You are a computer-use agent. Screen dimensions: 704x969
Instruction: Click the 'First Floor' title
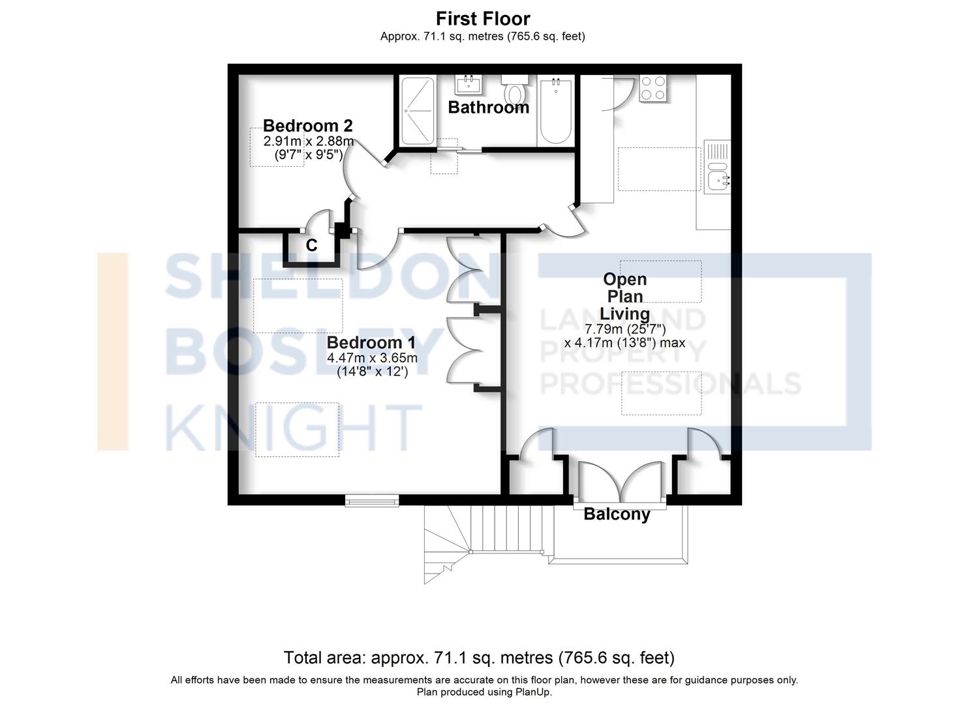coord(483,18)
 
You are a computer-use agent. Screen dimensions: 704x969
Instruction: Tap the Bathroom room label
coord(488,108)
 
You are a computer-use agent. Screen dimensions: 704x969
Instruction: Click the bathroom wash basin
coord(469,84)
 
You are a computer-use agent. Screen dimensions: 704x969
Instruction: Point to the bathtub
coord(555,112)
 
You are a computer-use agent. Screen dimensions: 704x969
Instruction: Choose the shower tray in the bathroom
coord(417,111)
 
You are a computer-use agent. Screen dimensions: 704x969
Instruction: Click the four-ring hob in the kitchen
coord(653,89)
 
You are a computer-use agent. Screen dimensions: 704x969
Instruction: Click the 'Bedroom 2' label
coord(307,125)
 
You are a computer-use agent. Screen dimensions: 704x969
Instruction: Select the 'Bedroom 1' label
coord(371,342)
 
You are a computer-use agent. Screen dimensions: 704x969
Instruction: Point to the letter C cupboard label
coord(312,245)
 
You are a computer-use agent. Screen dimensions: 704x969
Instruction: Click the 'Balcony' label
coord(617,514)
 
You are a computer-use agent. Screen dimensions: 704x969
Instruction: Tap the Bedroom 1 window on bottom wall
coord(371,501)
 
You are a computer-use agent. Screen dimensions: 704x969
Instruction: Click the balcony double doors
coord(621,482)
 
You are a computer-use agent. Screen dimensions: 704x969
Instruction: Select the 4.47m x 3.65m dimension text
coord(372,358)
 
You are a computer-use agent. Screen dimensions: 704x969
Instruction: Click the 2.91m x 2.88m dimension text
coord(308,141)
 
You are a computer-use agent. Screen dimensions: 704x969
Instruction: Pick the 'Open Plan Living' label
coord(625,297)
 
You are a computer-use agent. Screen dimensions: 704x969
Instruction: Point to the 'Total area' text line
coord(478,657)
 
